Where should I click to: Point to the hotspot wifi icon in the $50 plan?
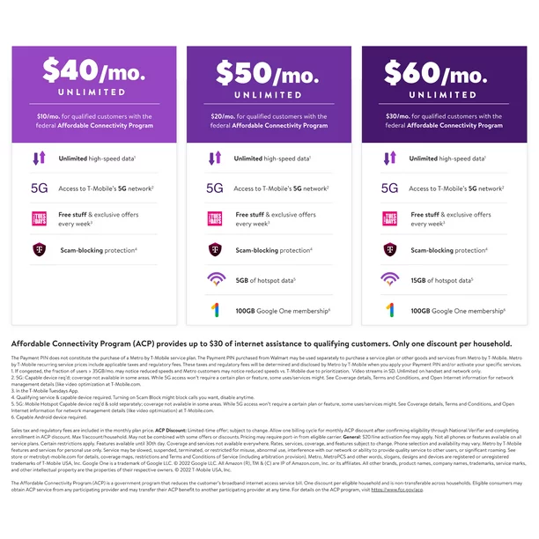point(216,281)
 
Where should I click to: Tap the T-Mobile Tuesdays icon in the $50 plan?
point(216,219)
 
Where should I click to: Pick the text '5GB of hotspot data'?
point(264,281)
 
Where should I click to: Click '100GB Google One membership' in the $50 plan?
point(282,311)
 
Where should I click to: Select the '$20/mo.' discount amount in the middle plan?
point(225,116)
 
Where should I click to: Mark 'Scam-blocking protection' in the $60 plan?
point(449,250)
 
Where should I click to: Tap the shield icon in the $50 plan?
point(216,250)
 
